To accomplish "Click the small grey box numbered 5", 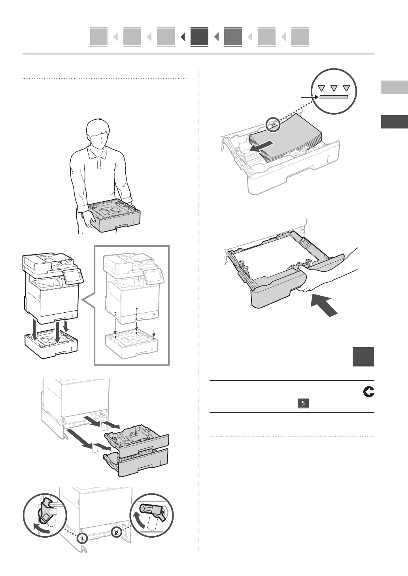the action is point(303,404).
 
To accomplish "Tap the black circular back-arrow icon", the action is point(369,392).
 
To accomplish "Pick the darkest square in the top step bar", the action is point(199,37).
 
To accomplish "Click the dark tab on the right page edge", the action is point(394,122).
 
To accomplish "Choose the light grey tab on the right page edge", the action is point(394,87).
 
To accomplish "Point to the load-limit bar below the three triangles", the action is point(334,96).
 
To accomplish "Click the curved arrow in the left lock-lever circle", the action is point(41,528).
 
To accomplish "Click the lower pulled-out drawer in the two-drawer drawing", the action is point(136,462).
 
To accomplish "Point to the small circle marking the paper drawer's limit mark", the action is point(272,125).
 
